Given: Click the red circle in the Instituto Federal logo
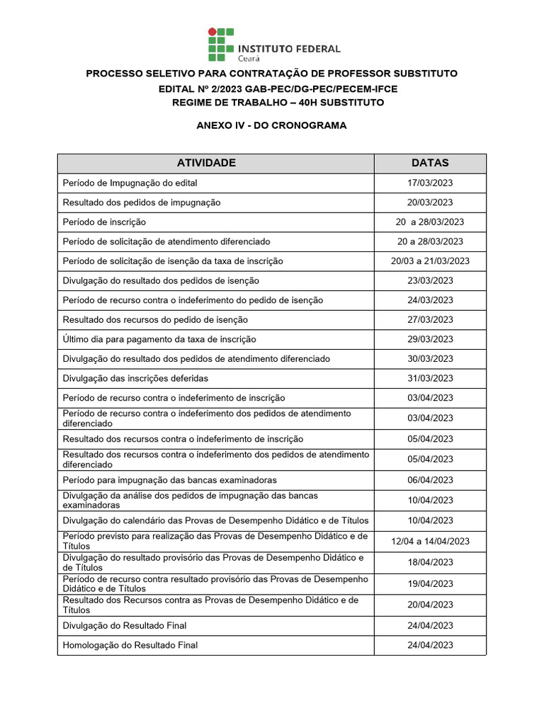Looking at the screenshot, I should pos(210,32).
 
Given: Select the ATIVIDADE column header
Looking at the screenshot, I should pos(206,163).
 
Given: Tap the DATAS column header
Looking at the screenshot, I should pos(430,163).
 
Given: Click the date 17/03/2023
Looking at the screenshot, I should pos(430,183).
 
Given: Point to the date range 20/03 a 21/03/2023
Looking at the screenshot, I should pos(430,261).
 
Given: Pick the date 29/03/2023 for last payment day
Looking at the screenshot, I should pos(430,339).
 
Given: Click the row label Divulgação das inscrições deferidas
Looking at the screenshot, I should pos(135,378).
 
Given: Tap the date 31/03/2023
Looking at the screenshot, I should pos(430,378).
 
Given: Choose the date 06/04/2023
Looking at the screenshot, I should pos(430,480).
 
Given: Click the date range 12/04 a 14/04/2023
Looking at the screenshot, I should pos(430,542).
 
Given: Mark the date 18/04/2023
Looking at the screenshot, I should pos(430,562).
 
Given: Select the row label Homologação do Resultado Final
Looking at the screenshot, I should pos(130,645).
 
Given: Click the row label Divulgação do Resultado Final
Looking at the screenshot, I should pos(125,625).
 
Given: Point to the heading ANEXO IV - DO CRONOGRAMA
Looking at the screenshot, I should pos(271,125).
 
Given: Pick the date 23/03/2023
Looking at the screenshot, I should pos(430,280).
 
